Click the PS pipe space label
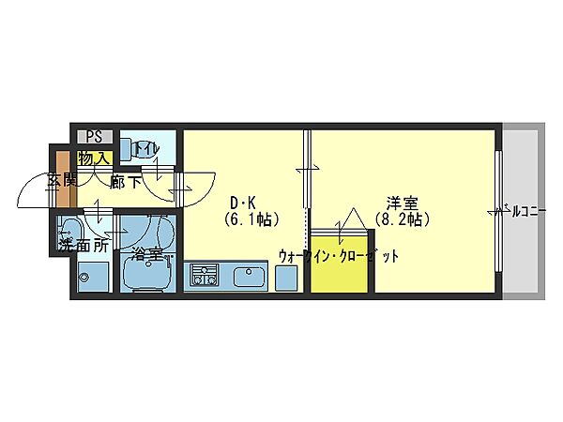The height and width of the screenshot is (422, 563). tap(94, 136)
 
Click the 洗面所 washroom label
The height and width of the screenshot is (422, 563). tap(83, 247)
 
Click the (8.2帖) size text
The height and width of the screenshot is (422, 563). tap(402, 220)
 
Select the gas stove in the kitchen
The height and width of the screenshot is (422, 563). tap(203, 276)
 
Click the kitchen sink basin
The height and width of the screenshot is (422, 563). tap(249, 278)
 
